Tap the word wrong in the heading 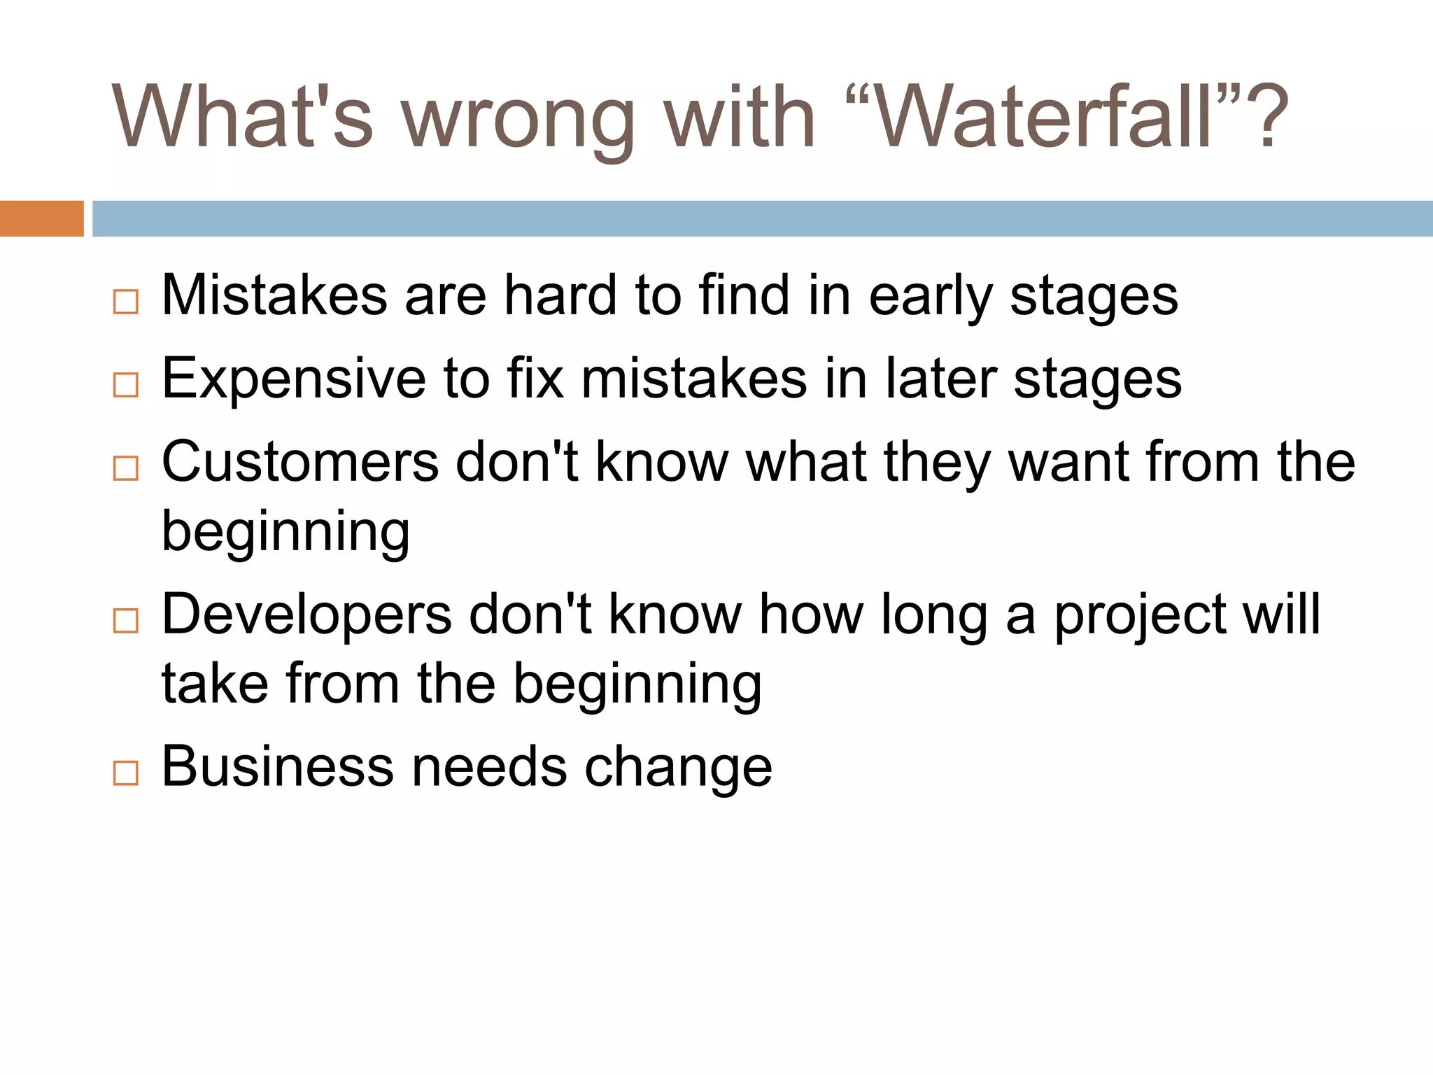click(x=518, y=119)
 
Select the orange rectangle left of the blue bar click(x=41, y=218)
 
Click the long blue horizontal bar click(x=762, y=218)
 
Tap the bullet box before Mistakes click(x=126, y=302)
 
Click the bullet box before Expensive click(x=126, y=385)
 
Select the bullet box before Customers click(x=126, y=468)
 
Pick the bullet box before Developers click(x=126, y=621)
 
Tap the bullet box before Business click(x=126, y=773)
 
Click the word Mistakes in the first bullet click(x=274, y=295)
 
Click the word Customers click(x=299, y=462)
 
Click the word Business click(x=277, y=766)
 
